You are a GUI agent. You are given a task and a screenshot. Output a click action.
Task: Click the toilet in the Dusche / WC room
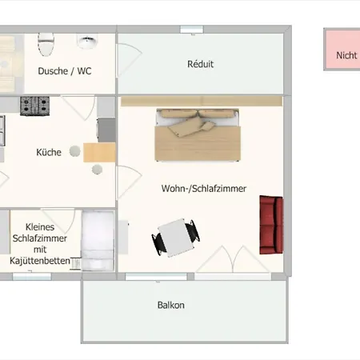[46, 39]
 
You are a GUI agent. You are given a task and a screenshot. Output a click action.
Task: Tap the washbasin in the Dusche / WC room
[86, 40]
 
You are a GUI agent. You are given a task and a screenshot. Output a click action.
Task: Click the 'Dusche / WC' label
[65, 71]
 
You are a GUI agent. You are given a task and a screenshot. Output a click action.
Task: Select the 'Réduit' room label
[200, 64]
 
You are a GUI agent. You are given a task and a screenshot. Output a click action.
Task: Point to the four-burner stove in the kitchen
[35, 104]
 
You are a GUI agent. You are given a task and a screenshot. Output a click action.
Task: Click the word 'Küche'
[49, 151]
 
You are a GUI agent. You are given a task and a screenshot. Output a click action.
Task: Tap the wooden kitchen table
[99, 152]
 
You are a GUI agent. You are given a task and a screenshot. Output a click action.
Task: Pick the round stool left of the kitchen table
[75, 150]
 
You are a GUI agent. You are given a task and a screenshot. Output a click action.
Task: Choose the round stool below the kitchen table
[97, 169]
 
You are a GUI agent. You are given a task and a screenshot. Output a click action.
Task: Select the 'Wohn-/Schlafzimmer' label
[203, 189]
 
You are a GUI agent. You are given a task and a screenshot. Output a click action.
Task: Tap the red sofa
[271, 222]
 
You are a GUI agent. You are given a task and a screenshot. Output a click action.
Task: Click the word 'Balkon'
[170, 305]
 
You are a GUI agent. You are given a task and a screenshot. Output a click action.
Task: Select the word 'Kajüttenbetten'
[41, 262]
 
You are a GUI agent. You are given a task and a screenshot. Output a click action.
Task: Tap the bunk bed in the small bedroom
[98, 240]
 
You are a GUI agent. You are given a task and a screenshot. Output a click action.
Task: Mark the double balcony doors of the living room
[233, 260]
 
